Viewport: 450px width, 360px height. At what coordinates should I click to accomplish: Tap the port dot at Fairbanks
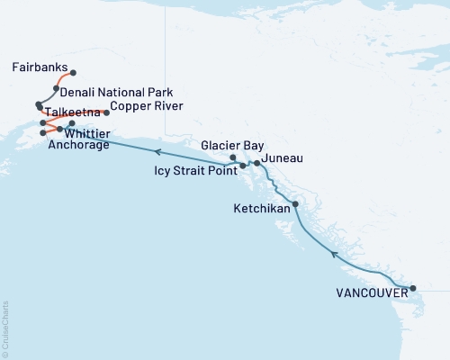tap(73, 73)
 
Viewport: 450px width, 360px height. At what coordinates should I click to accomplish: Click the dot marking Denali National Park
tap(56, 88)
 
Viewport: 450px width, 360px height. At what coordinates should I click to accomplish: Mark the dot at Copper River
tap(107, 112)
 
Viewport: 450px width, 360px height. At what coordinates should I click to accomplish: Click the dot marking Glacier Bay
tap(233, 158)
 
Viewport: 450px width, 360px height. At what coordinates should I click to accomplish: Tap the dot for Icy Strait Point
tap(242, 166)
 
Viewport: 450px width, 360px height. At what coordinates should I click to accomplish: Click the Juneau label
tap(280, 158)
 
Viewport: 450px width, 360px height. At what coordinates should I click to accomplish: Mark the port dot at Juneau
tap(257, 163)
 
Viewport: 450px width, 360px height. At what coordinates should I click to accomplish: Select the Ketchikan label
tap(261, 208)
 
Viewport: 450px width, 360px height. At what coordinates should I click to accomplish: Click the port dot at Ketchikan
tap(295, 203)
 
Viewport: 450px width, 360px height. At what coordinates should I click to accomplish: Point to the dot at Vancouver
tap(413, 289)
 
